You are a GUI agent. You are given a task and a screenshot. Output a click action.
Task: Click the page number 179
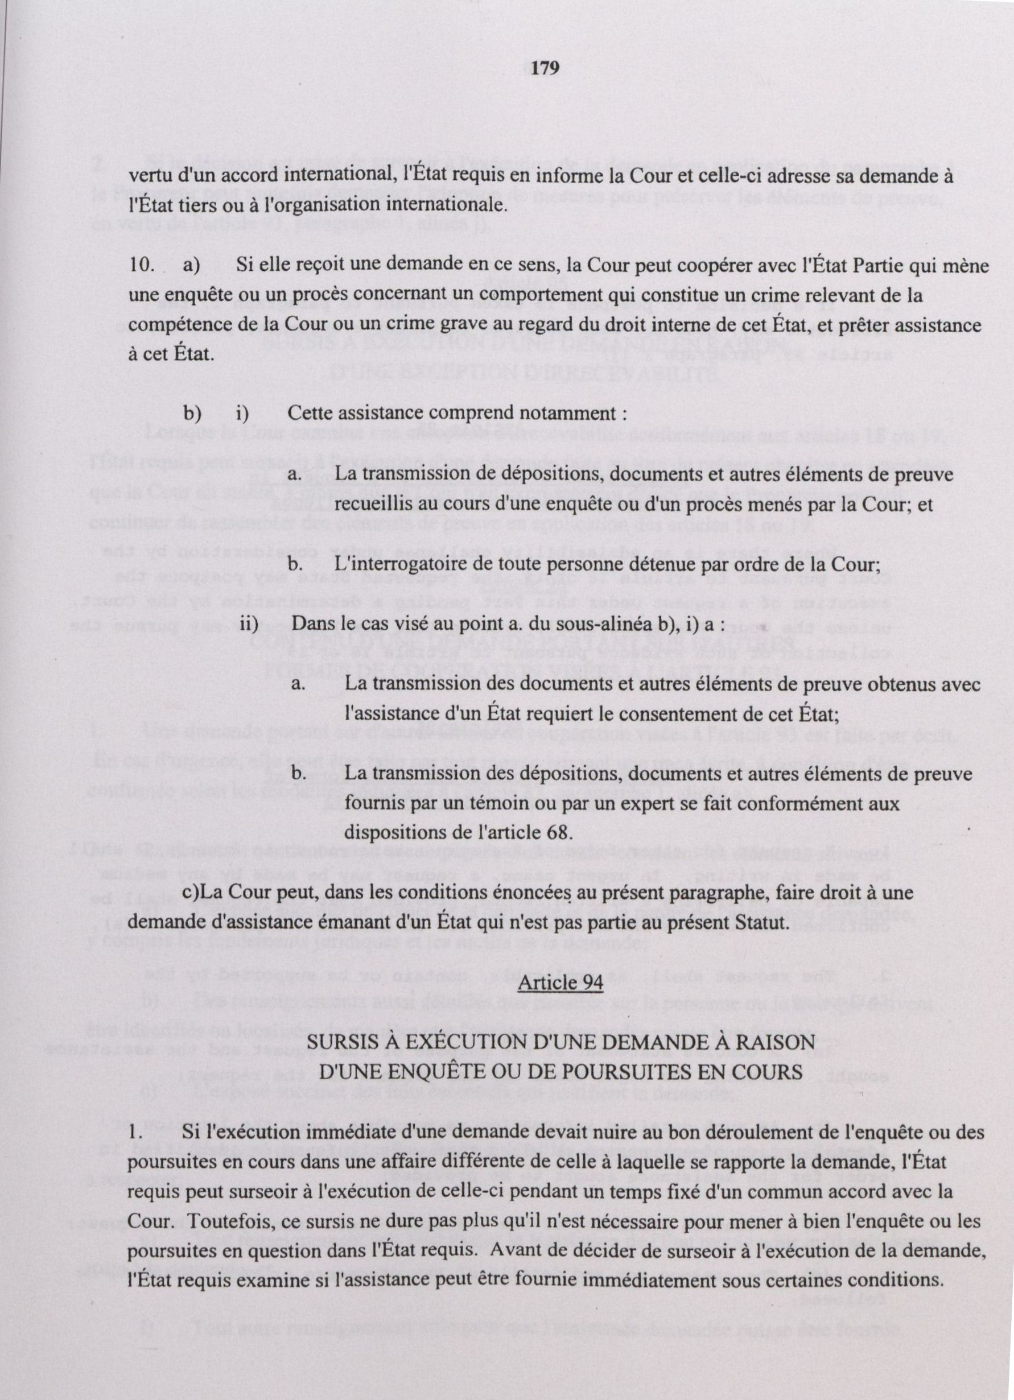pyautogui.click(x=545, y=68)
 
